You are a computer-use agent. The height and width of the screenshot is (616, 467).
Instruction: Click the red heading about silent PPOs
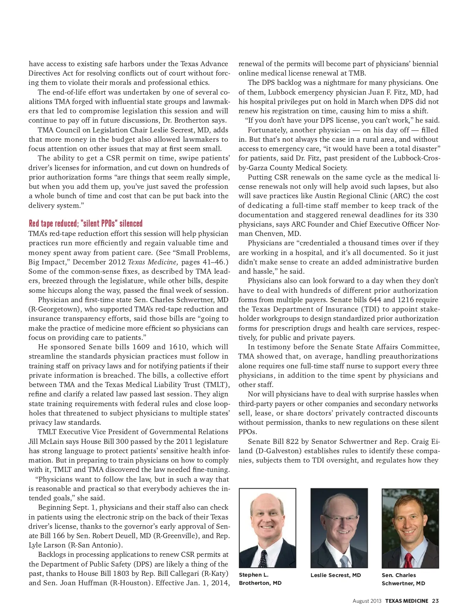(86, 224)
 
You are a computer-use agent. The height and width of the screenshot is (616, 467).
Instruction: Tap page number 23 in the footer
(435, 601)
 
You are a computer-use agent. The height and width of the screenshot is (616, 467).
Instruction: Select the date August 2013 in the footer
(367, 601)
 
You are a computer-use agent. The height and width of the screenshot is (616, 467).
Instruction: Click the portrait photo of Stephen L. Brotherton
(267, 528)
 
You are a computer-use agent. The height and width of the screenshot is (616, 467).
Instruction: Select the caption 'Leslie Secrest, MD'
(335, 575)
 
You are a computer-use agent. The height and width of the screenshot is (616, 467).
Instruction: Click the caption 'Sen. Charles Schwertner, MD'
(403, 579)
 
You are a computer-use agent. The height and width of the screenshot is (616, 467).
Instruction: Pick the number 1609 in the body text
(141, 347)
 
